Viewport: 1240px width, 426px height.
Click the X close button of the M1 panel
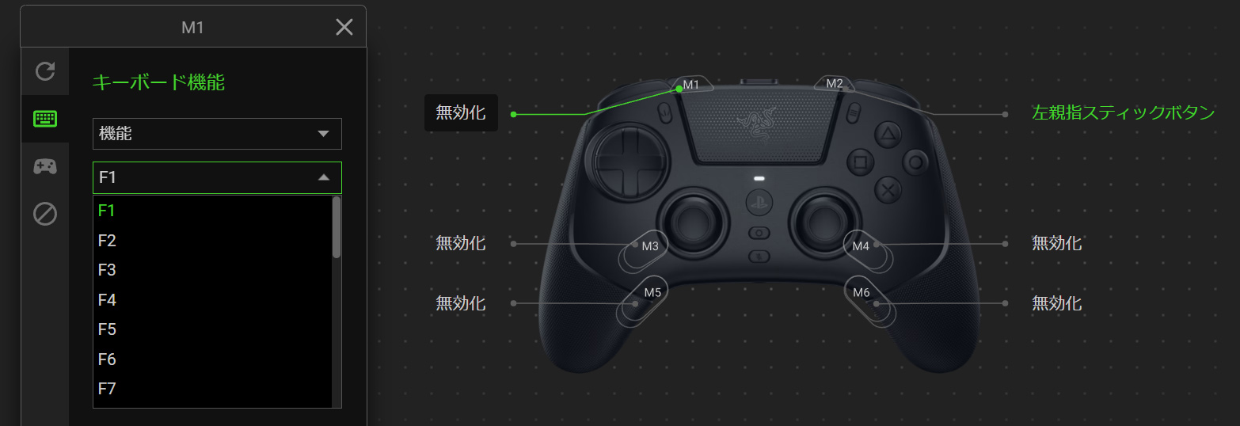[344, 27]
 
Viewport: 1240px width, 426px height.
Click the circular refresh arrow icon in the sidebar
[45, 70]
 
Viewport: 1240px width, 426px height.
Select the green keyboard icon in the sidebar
[45, 119]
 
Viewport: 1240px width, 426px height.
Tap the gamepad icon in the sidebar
[45, 166]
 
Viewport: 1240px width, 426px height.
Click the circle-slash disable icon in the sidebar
[45, 214]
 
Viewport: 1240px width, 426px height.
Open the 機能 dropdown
[217, 133]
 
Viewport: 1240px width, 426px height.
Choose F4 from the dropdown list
[107, 300]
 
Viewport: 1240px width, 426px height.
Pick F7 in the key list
[107, 388]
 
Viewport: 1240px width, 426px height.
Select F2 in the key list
[107, 241]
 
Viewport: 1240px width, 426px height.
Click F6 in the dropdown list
[107, 359]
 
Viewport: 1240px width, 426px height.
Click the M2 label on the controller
[835, 84]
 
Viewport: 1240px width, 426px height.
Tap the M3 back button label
[650, 246]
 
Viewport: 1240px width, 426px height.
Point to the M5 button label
[652, 293]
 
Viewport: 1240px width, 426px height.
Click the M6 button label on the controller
[861, 293]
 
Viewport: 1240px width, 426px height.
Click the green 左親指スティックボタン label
[1123, 113]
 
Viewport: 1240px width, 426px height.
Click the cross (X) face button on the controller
[888, 191]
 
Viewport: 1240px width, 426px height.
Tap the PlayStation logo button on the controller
[759, 203]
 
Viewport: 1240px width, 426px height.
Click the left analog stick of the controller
[693, 223]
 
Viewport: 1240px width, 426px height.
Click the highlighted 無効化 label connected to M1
[461, 113]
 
